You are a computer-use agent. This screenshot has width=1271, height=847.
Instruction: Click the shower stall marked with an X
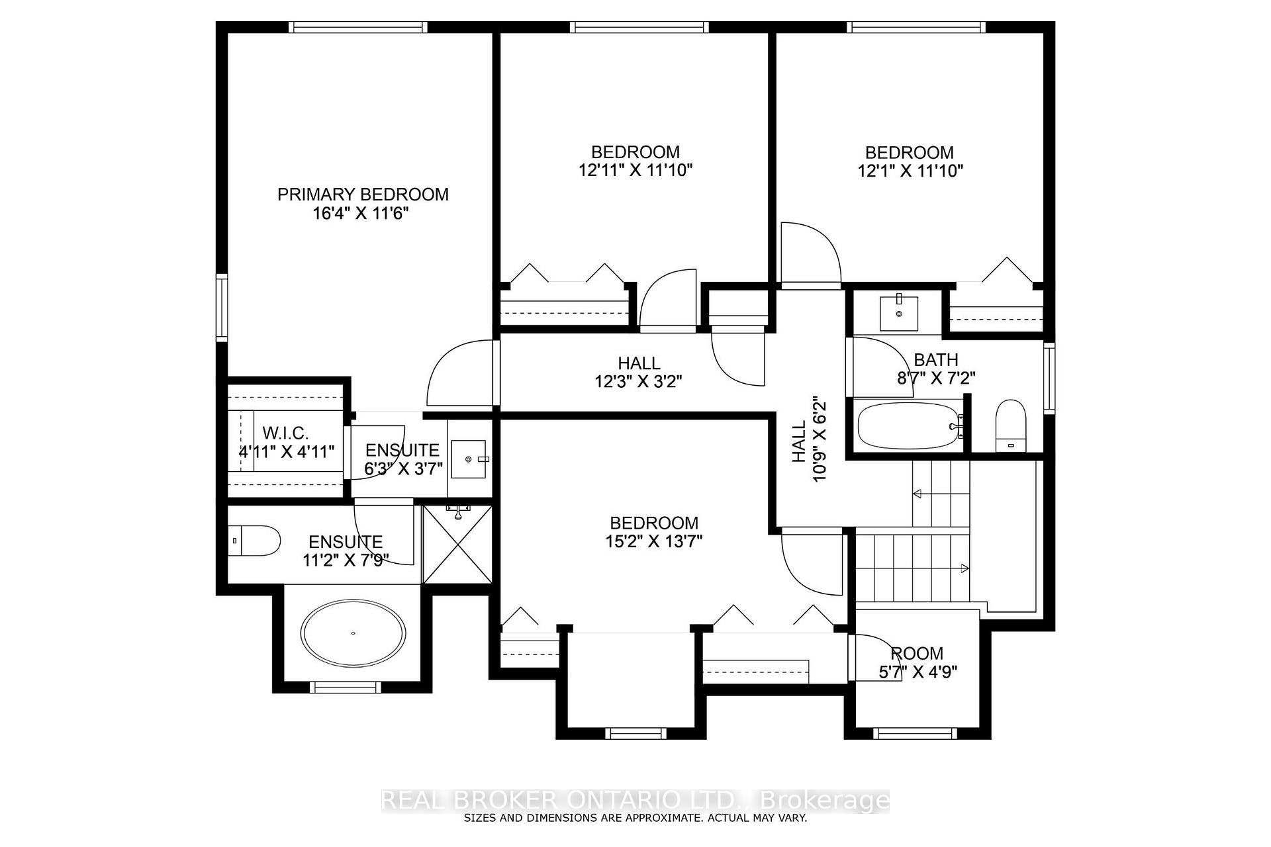pos(457,545)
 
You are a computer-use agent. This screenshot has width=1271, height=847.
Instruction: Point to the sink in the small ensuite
pos(469,459)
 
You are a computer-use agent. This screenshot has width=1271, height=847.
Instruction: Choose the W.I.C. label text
pos(286,433)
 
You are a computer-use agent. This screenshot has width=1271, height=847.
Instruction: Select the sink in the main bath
pos(899,314)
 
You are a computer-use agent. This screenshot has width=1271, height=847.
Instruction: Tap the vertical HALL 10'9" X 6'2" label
pos(809,440)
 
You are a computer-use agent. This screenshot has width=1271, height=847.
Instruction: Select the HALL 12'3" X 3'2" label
pos(639,373)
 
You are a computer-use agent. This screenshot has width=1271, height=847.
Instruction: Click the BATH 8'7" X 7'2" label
pos(936,369)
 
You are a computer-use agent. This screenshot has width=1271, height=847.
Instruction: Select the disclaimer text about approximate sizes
pos(635,818)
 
